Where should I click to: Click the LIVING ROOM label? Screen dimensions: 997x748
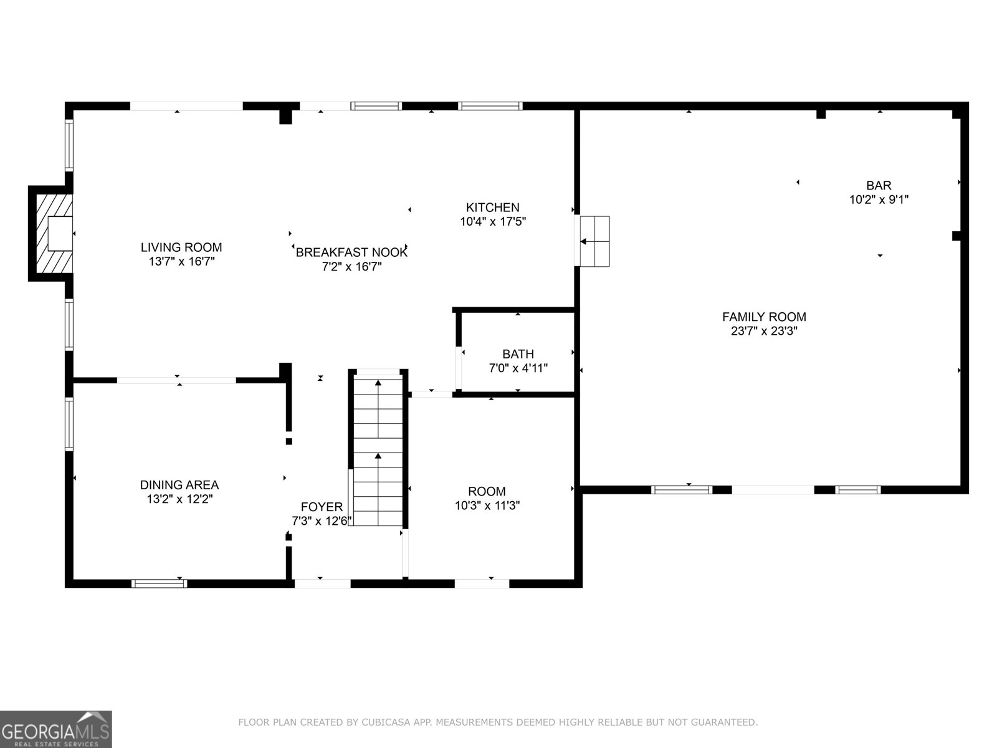pos(181,247)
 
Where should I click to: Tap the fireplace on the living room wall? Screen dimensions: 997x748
pos(51,233)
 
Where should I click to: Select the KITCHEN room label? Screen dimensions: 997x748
pos(493,207)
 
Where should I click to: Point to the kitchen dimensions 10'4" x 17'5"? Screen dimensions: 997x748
pos(493,222)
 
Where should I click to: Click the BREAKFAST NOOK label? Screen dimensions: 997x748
pos(351,252)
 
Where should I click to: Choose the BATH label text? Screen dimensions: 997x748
pos(518,354)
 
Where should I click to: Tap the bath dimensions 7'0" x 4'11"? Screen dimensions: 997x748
pos(518,368)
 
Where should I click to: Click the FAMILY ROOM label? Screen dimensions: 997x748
pos(765,317)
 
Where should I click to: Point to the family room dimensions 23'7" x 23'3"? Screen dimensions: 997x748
pos(765,331)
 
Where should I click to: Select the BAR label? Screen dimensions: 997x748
pos(879,185)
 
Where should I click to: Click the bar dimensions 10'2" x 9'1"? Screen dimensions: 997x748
pos(879,199)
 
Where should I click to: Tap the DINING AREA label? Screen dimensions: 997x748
pos(179,484)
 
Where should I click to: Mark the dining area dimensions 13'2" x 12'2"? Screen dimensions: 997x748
pos(179,499)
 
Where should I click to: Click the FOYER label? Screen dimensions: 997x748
pos(322,506)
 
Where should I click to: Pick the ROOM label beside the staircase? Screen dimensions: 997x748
pos(487,491)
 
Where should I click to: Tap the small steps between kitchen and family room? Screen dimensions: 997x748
pos(594,241)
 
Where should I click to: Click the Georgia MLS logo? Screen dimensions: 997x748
pos(56,729)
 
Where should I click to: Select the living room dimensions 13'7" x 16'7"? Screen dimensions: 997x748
pos(182,262)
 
